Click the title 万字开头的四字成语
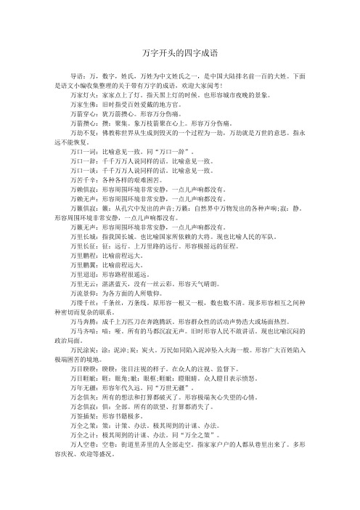[x=180, y=53]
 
